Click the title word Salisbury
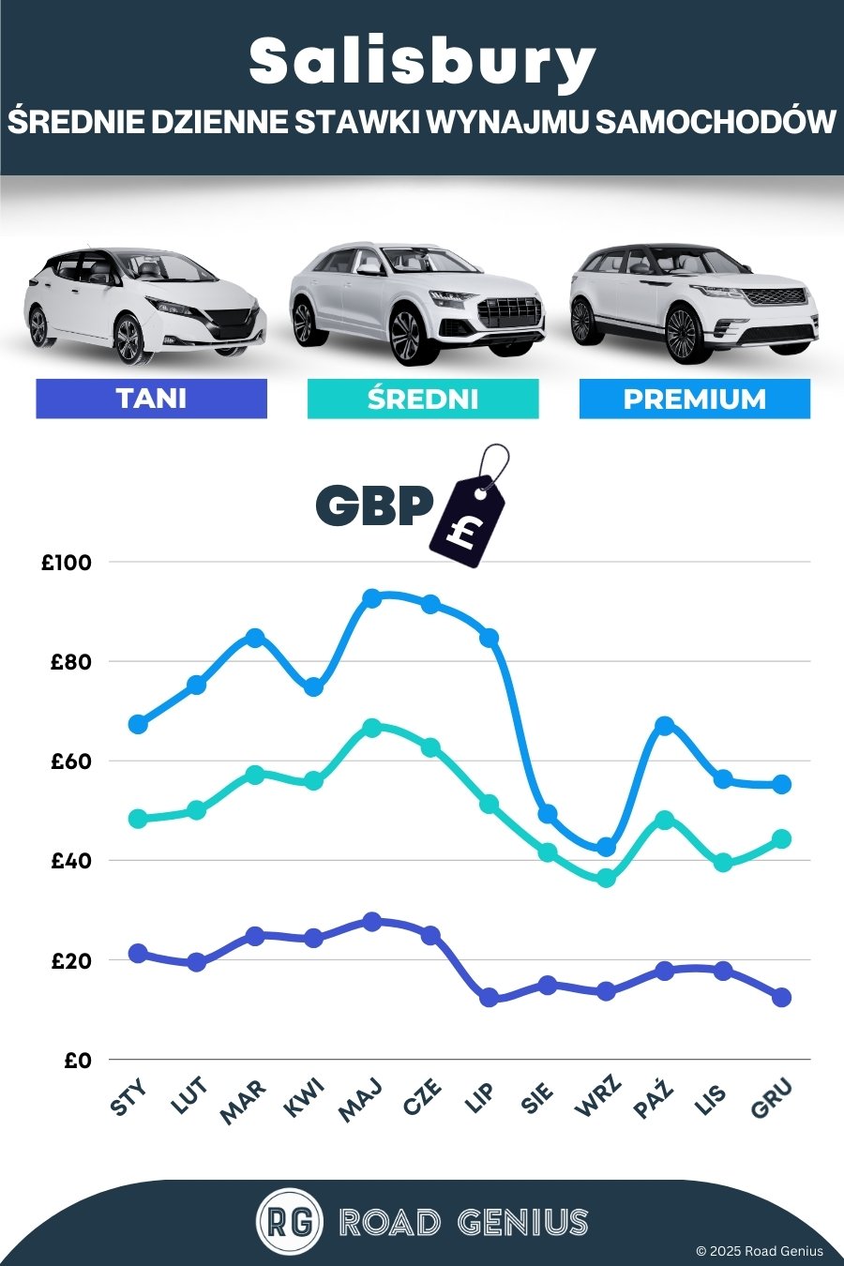point(422,63)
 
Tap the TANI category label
point(151,399)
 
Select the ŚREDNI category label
point(423,399)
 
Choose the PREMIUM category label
point(694,399)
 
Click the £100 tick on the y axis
point(67,563)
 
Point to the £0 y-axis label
point(78,1061)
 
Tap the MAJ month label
point(361,1099)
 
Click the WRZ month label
point(597,1098)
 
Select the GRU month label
point(773,1098)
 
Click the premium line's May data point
point(371,598)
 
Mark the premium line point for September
point(606,847)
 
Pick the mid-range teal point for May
point(371,727)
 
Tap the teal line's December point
point(781,838)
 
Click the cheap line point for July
point(489,998)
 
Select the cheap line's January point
point(138,954)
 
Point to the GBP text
point(374,505)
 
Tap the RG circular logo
point(289,1222)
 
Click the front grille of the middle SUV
point(509,309)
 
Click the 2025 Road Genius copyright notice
point(759,1251)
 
